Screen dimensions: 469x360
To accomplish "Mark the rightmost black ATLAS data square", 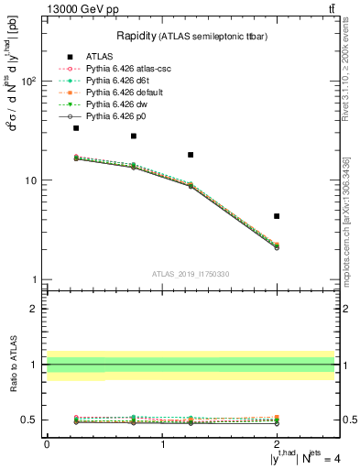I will tap(277, 216).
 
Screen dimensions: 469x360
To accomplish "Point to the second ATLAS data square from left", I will tap(134, 136).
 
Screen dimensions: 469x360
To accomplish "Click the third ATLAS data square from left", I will tap(191, 155).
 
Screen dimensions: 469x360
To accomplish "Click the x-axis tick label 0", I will tap(47, 446).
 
